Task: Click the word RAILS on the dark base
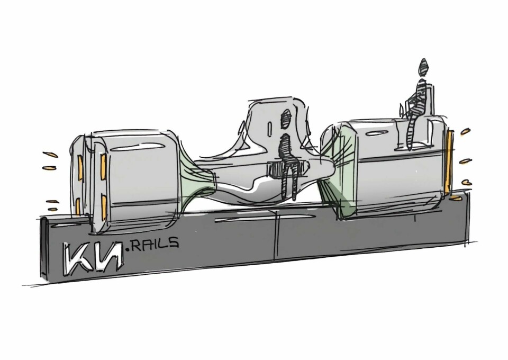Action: (x=155, y=243)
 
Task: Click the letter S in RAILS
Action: (x=174, y=242)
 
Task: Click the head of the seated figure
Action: (x=423, y=67)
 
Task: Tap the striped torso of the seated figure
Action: (x=420, y=93)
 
